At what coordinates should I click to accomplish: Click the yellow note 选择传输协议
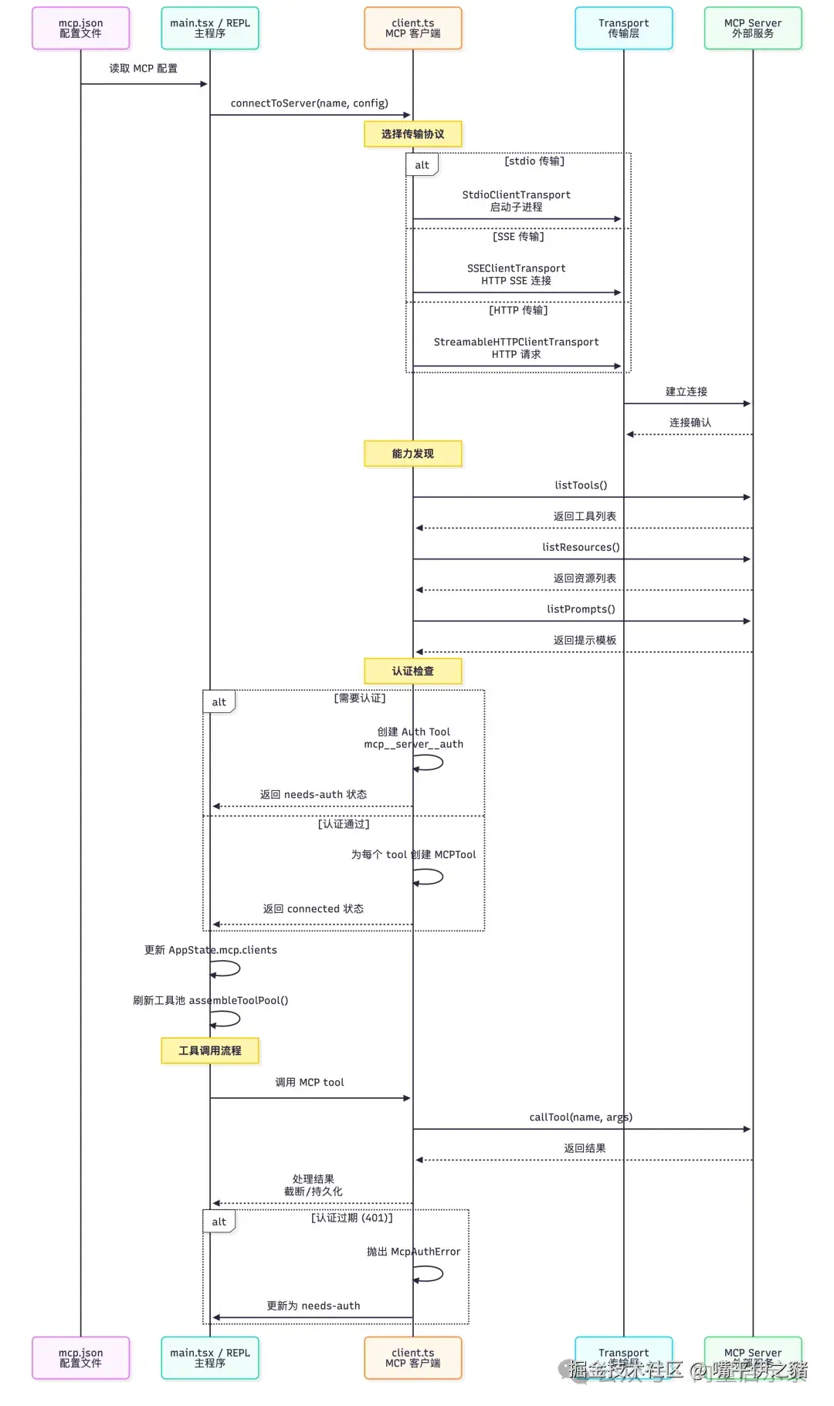pyautogui.click(x=412, y=134)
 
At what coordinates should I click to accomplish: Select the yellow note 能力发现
pyautogui.click(x=412, y=454)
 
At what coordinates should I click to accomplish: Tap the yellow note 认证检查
pyautogui.click(x=412, y=671)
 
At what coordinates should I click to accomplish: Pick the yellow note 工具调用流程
pyautogui.click(x=210, y=1051)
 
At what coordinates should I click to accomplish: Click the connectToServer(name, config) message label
pyautogui.click(x=309, y=103)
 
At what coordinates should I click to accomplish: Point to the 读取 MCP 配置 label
pyautogui.click(x=144, y=69)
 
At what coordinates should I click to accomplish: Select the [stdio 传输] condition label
pyautogui.click(x=534, y=161)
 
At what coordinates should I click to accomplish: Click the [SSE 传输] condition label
pyautogui.click(x=518, y=237)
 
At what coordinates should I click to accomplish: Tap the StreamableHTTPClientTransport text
pyautogui.click(x=516, y=342)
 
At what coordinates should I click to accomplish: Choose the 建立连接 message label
pyautogui.click(x=687, y=392)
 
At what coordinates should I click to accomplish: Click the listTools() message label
pyautogui.click(x=581, y=485)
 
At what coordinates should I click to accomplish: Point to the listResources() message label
pyautogui.click(x=581, y=547)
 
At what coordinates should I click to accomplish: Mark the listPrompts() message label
pyautogui.click(x=581, y=609)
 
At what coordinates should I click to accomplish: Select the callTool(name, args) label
pyautogui.click(x=581, y=1117)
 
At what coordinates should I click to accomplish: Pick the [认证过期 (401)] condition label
pyautogui.click(x=352, y=1218)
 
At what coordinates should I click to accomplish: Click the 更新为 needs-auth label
pyautogui.click(x=314, y=1306)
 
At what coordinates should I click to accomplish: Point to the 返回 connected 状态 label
pyautogui.click(x=314, y=909)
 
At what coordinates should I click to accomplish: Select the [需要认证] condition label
pyautogui.click(x=360, y=698)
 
